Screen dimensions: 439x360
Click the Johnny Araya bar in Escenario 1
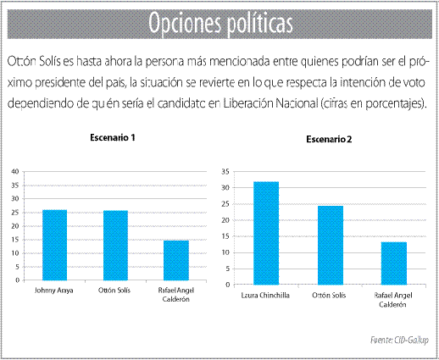[x=55, y=245]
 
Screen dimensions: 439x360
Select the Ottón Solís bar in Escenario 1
[x=115, y=246]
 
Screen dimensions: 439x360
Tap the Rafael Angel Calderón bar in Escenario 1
[x=176, y=260]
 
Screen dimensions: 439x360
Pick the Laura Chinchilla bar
[x=266, y=233]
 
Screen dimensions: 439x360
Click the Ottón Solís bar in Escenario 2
[x=331, y=245]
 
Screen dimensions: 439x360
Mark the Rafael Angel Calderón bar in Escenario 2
[x=394, y=263]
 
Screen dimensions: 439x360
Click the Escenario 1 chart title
[x=113, y=137]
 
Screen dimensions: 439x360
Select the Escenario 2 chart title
[x=329, y=139]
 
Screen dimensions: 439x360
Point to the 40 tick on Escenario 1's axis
[x=15, y=171]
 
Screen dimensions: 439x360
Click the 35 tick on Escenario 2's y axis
[x=225, y=171]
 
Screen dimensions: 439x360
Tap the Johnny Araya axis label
[x=54, y=291]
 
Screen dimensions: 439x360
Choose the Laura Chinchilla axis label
[x=265, y=296]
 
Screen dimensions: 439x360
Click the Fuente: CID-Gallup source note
[x=399, y=340]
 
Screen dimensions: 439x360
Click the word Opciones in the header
[x=185, y=24]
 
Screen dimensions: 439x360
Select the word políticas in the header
[x=260, y=24]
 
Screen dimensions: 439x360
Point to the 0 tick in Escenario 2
[x=228, y=285]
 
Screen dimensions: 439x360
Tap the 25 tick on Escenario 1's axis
[x=15, y=213]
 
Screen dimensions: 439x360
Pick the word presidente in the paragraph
[x=61, y=83]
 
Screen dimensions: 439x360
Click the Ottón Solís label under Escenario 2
[x=329, y=296]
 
